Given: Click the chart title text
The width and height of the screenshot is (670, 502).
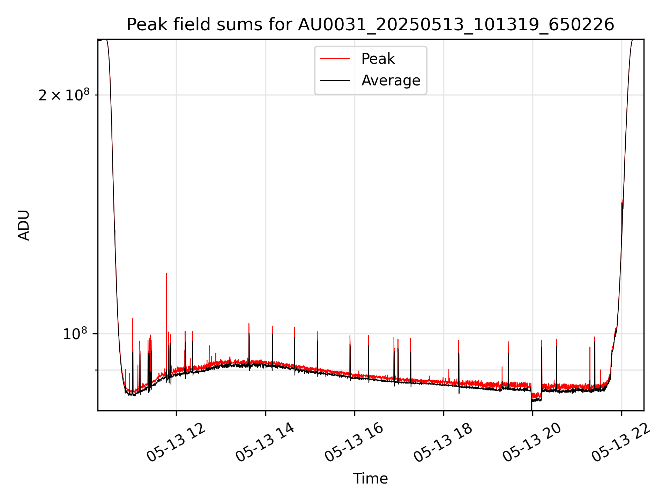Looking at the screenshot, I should point(370,25).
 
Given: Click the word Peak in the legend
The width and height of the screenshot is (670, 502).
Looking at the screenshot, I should point(378,59).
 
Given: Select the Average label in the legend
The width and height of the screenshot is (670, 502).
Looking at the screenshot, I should point(391,81).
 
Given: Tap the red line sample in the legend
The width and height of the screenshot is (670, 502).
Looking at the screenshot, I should point(335,59).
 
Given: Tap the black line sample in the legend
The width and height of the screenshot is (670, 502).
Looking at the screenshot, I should point(335,81).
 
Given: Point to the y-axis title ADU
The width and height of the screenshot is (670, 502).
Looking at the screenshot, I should point(24,225).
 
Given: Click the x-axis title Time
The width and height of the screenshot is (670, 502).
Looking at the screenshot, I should point(370,479).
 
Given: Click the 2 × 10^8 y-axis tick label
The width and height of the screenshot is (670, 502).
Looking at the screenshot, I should point(64,95).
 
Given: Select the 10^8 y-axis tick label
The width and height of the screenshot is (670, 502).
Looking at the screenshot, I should point(75,334).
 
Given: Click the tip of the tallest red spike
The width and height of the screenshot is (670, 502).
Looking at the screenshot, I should point(166,273).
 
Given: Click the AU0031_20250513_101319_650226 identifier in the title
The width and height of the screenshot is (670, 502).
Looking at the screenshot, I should point(456,25).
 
